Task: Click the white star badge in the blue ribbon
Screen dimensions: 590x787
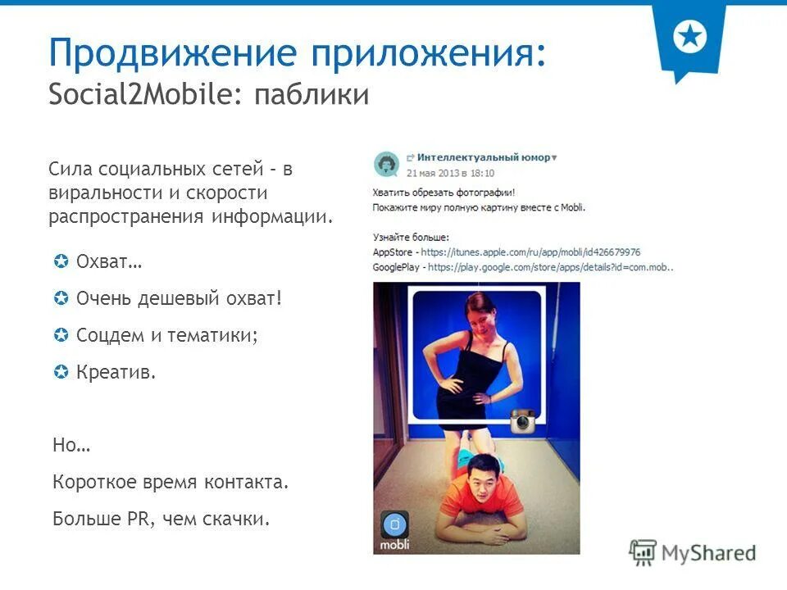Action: pos(689,37)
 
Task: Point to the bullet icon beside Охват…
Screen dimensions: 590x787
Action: pos(60,262)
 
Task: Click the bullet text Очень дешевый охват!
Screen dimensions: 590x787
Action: pos(178,299)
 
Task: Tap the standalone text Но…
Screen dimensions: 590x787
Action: pos(71,445)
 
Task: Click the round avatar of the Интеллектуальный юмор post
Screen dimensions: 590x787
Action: pos(386,164)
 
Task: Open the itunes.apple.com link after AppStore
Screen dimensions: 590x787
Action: pos(533,252)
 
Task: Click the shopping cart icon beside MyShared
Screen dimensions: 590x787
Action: pos(644,553)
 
